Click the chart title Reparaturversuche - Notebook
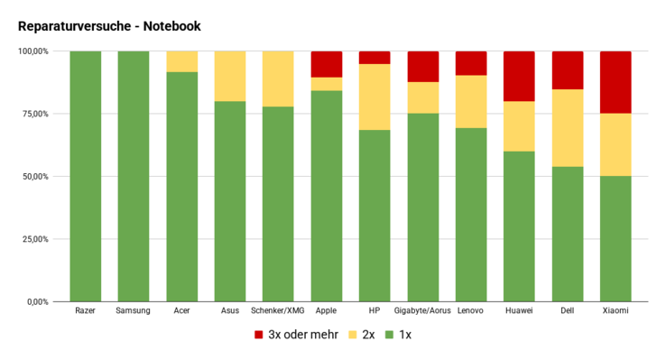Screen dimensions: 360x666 click(109, 27)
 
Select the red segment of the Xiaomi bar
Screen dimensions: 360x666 click(616, 82)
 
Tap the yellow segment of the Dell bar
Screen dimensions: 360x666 click(568, 128)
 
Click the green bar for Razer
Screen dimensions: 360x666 click(86, 177)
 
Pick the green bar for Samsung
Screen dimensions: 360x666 click(134, 177)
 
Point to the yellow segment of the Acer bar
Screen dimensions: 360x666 click(182, 61)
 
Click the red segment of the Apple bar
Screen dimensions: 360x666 click(327, 64)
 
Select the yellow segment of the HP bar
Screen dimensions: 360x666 click(375, 97)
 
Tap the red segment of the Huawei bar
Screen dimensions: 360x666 click(520, 76)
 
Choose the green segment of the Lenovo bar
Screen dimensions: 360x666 click(471, 215)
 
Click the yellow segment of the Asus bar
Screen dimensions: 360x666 click(230, 76)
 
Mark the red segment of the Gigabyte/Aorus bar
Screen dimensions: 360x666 click(423, 67)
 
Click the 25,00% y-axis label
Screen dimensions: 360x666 click(34, 239)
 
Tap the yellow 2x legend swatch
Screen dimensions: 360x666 click(354, 335)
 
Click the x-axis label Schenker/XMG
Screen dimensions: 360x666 click(278, 311)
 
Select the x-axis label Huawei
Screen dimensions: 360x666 click(520, 311)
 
